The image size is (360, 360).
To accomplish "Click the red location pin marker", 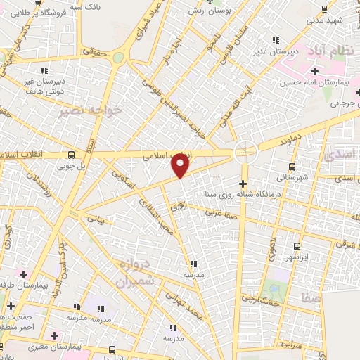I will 181,165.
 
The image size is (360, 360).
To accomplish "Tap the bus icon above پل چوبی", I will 71,155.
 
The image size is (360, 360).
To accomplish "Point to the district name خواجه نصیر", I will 91,110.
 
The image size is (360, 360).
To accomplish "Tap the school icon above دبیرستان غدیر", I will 276,40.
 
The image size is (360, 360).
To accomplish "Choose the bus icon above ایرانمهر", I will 297,246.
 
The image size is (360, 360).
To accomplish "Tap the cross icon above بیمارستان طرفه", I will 24,274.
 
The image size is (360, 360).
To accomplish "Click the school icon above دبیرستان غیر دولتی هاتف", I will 44,70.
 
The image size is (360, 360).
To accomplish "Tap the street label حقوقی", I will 91,51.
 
